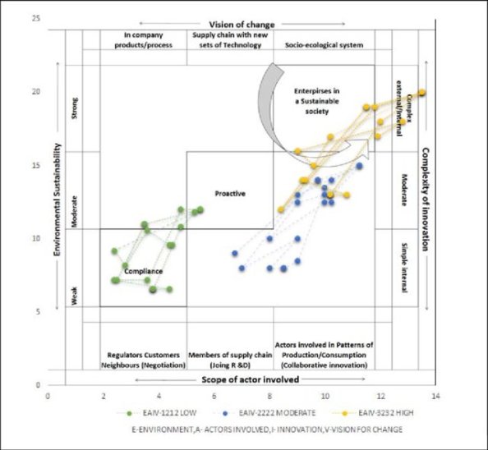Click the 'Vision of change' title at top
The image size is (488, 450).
[242, 25]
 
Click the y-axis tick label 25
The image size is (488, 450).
[36, 18]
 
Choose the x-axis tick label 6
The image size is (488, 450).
[214, 397]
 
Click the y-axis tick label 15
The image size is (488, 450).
[36, 165]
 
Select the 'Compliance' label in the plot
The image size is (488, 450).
[143, 270]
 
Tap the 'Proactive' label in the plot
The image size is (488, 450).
[231, 194]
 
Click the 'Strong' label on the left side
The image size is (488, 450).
[76, 110]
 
